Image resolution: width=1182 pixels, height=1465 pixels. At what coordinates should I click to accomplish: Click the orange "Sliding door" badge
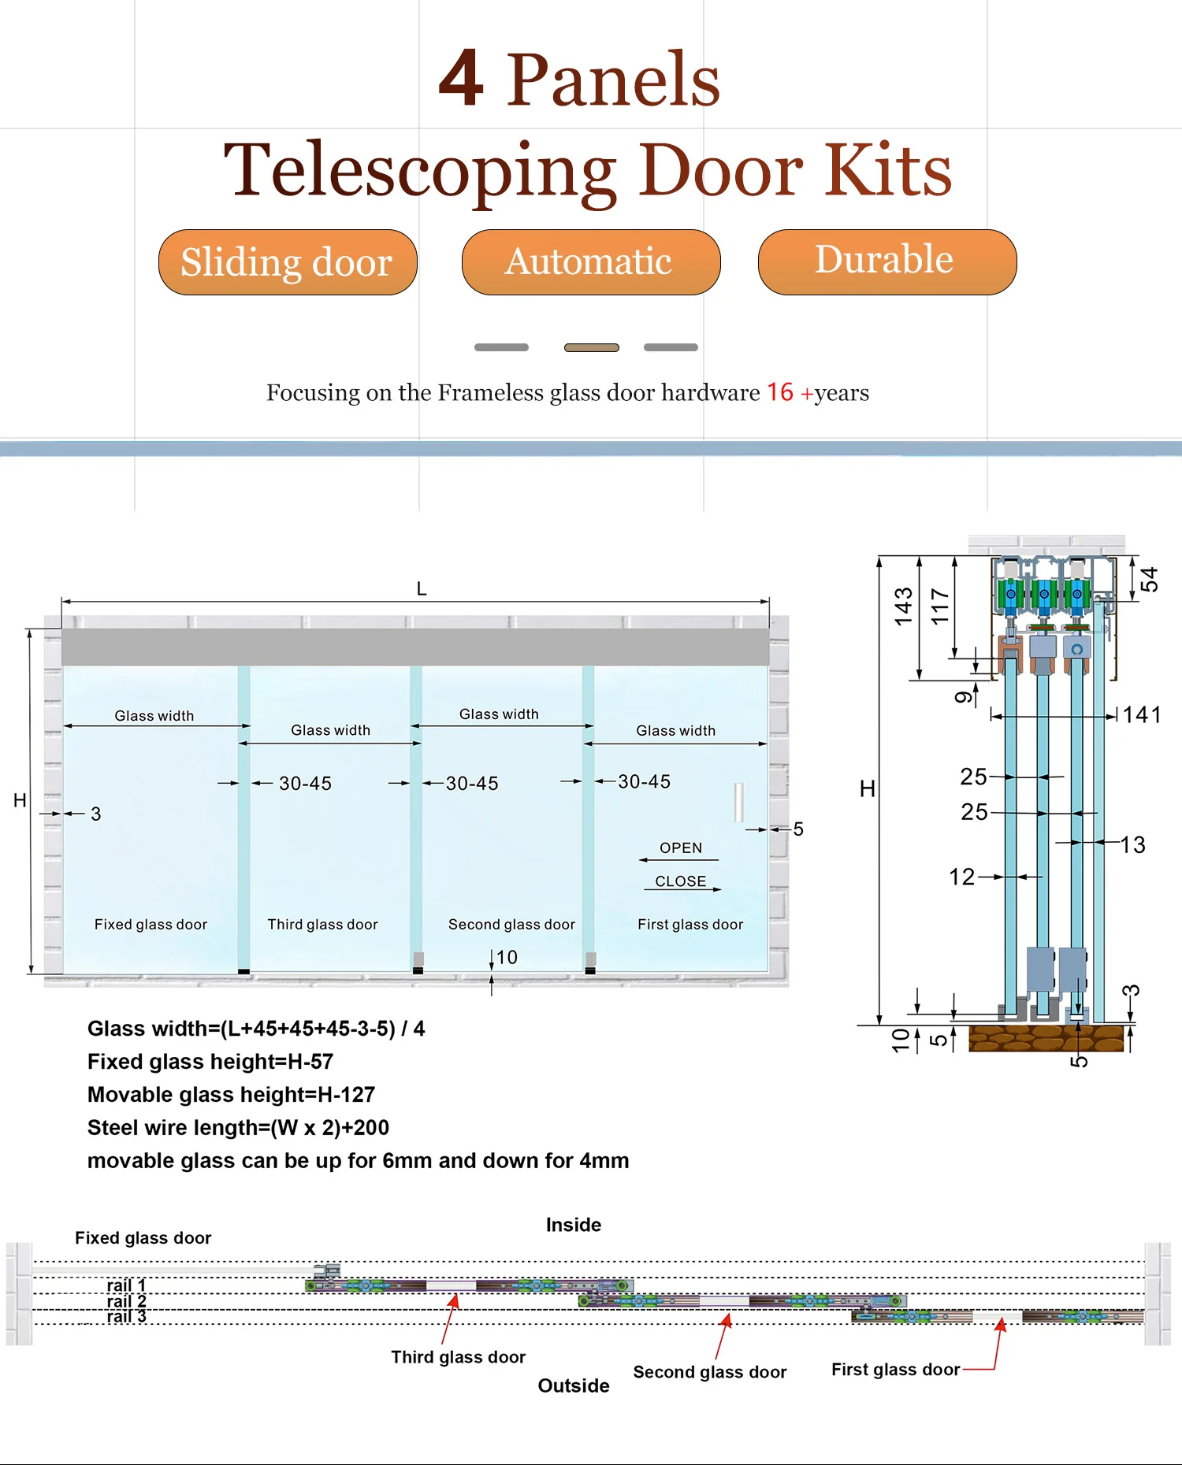(288, 262)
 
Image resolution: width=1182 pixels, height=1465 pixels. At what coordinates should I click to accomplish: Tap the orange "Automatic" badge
(591, 262)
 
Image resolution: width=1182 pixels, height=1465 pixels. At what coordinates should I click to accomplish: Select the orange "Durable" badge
(886, 261)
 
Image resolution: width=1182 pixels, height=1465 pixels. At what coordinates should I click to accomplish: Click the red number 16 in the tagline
(780, 392)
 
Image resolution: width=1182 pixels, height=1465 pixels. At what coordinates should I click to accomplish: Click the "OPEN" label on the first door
(681, 848)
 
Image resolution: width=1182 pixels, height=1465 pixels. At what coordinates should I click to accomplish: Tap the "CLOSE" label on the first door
(681, 881)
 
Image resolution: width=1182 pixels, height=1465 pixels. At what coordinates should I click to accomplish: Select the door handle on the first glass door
(739, 802)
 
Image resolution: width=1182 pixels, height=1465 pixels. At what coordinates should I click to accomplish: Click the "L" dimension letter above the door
(422, 589)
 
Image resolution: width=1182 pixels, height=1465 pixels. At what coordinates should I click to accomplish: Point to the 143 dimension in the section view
(903, 606)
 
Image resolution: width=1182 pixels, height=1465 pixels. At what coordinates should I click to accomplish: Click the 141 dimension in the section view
(1141, 715)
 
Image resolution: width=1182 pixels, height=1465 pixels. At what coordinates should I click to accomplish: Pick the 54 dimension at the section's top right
(1150, 580)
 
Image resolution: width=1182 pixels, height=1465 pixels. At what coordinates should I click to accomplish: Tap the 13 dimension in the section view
(1132, 845)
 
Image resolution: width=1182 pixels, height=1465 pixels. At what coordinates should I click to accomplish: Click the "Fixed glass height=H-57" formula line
(210, 1062)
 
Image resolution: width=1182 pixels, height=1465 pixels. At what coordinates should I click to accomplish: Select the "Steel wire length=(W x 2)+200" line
(238, 1128)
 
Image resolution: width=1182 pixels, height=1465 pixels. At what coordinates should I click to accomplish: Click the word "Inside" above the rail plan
(574, 1225)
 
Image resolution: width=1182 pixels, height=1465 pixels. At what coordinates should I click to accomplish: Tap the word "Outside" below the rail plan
(574, 1385)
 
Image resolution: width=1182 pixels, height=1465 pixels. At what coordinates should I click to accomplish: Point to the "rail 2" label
(126, 1301)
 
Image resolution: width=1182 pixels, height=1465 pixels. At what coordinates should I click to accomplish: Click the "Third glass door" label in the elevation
(322, 925)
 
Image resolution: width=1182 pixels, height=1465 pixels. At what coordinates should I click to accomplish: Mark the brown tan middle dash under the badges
(592, 347)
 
